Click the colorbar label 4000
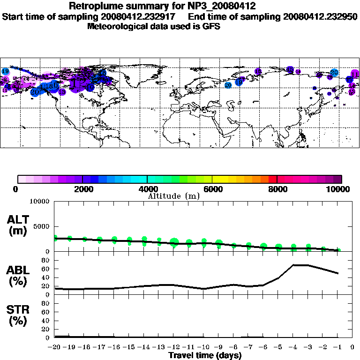pos(147,189)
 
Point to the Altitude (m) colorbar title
pos(174,196)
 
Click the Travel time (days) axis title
pos(205,356)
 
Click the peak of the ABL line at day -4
pos(293,265)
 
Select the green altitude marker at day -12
pos(174,242)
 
